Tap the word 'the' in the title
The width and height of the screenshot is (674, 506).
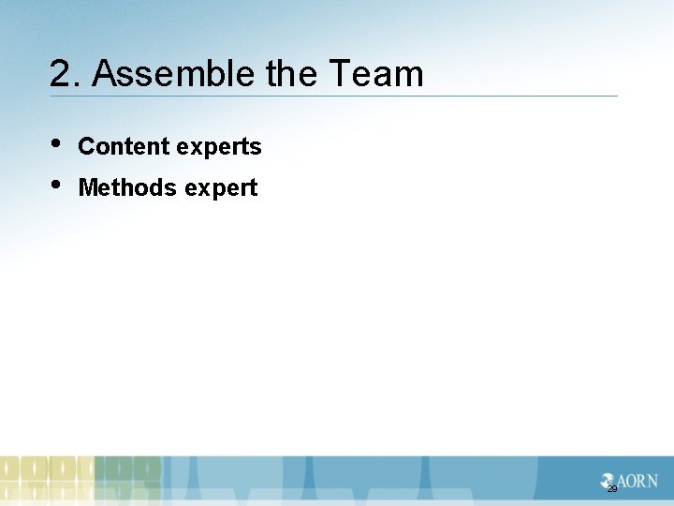point(292,74)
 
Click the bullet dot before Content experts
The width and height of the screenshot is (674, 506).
point(57,143)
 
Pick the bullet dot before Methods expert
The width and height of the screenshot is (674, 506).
point(57,185)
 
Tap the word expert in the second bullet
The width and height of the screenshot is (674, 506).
point(221,189)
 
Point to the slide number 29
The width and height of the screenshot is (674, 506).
point(612,489)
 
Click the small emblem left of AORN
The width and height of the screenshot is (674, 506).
point(608,480)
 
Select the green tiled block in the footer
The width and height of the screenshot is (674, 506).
point(127,480)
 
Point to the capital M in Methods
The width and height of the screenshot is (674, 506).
point(88,188)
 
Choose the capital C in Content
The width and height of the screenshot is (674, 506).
point(86,147)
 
